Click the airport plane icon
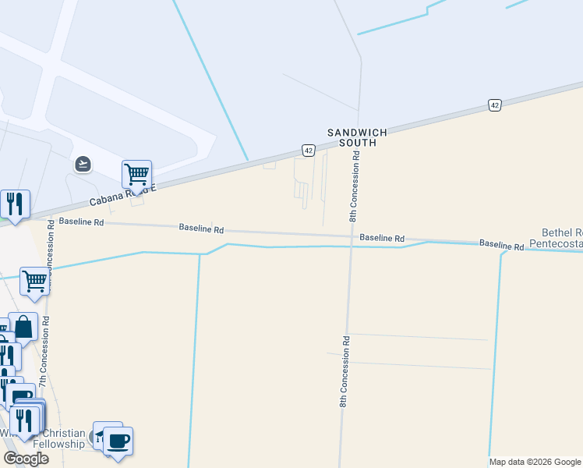(83, 164)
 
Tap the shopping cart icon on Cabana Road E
(136, 174)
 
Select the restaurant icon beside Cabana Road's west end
(15, 204)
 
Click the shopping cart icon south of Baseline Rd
(34, 281)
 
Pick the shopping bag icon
(23, 327)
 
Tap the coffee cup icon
(118, 441)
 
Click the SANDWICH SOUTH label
(357, 137)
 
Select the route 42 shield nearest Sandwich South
(309, 150)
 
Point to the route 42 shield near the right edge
(494, 105)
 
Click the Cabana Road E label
(122, 194)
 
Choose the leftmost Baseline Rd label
(81, 222)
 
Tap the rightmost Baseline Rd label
(501, 245)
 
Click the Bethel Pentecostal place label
(556, 238)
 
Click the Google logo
(26, 459)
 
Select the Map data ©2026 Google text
(535, 462)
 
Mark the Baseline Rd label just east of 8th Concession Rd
(382, 238)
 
